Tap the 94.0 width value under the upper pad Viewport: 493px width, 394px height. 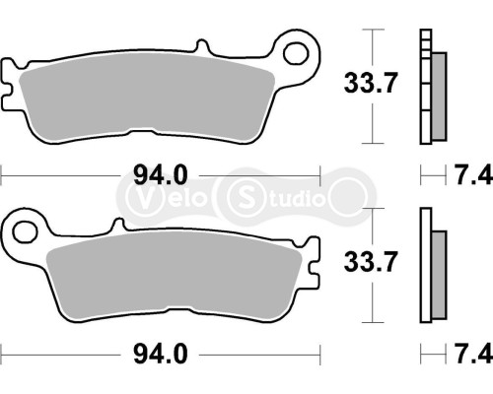tap(161, 177)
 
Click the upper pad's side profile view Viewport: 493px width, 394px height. tap(430, 89)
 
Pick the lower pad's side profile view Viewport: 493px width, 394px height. tap(430, 266)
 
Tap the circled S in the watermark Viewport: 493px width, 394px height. tap(244, 192)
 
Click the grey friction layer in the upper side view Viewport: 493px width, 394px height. tap(438, 97)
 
